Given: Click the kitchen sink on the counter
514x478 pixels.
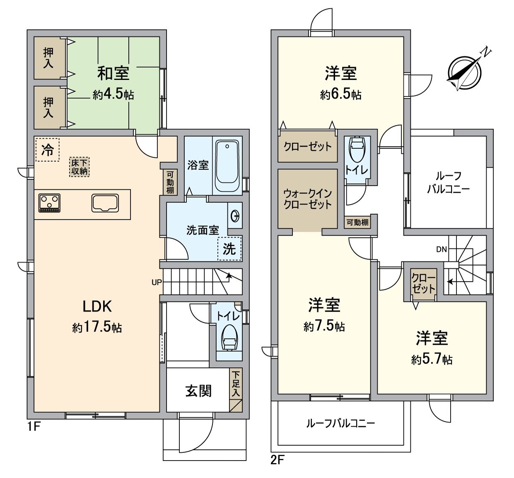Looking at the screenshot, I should [x=106, y=203].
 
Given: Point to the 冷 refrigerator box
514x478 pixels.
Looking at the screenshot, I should [x=47, y=150].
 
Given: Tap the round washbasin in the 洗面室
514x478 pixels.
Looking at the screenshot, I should [x=235, y=216].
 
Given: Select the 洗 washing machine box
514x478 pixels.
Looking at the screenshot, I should [x=229, y=248].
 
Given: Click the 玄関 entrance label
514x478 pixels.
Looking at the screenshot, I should [x=198, y=391].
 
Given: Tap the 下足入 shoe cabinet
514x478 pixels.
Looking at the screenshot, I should [x=236, y=384].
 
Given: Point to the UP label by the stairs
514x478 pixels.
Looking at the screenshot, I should [x=157, y=282].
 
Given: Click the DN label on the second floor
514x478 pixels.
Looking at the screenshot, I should [x=441, y=249].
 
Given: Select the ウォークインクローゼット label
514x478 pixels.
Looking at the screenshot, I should [x=307, y=199].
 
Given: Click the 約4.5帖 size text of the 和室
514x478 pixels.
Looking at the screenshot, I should [x=113, y=95].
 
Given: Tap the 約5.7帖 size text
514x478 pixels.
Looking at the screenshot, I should [x=432, y=359].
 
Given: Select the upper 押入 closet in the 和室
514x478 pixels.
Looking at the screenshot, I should [x=49, y=58].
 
